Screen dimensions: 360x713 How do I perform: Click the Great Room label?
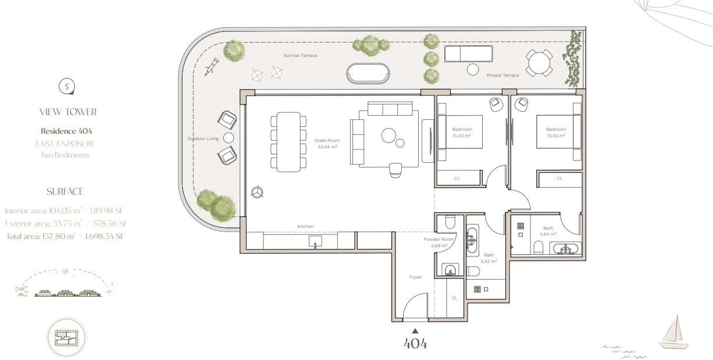(x=327, y=140)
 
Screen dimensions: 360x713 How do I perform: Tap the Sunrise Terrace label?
(x=300, y=56)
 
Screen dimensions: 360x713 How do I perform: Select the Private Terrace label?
(x=503, y=75)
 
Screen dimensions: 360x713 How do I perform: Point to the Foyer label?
(x=415, y=277)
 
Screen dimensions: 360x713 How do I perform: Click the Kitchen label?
(x=305, y=226)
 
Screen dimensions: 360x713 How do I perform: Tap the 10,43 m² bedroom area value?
(x=461, y=136)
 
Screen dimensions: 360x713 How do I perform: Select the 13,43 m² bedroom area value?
(x=555, y=136)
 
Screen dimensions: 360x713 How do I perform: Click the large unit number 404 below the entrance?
(x=415, y=344)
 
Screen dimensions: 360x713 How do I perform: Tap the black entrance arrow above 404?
(x=415, y=331)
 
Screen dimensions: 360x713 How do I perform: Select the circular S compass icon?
(x=67, y=87)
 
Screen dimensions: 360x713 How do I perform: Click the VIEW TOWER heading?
(x=68, y=112)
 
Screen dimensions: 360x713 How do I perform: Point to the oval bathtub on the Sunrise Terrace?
(x=368, y=74)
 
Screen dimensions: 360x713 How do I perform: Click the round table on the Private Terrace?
(x=539, y=62)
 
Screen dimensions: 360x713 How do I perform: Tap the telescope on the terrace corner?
(x=211, y=66)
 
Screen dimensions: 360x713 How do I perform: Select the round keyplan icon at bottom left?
(x=66, y=337)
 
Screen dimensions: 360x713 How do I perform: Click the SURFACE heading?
(x=65, y=191)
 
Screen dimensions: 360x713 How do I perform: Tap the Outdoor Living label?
(x=203, y=138)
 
